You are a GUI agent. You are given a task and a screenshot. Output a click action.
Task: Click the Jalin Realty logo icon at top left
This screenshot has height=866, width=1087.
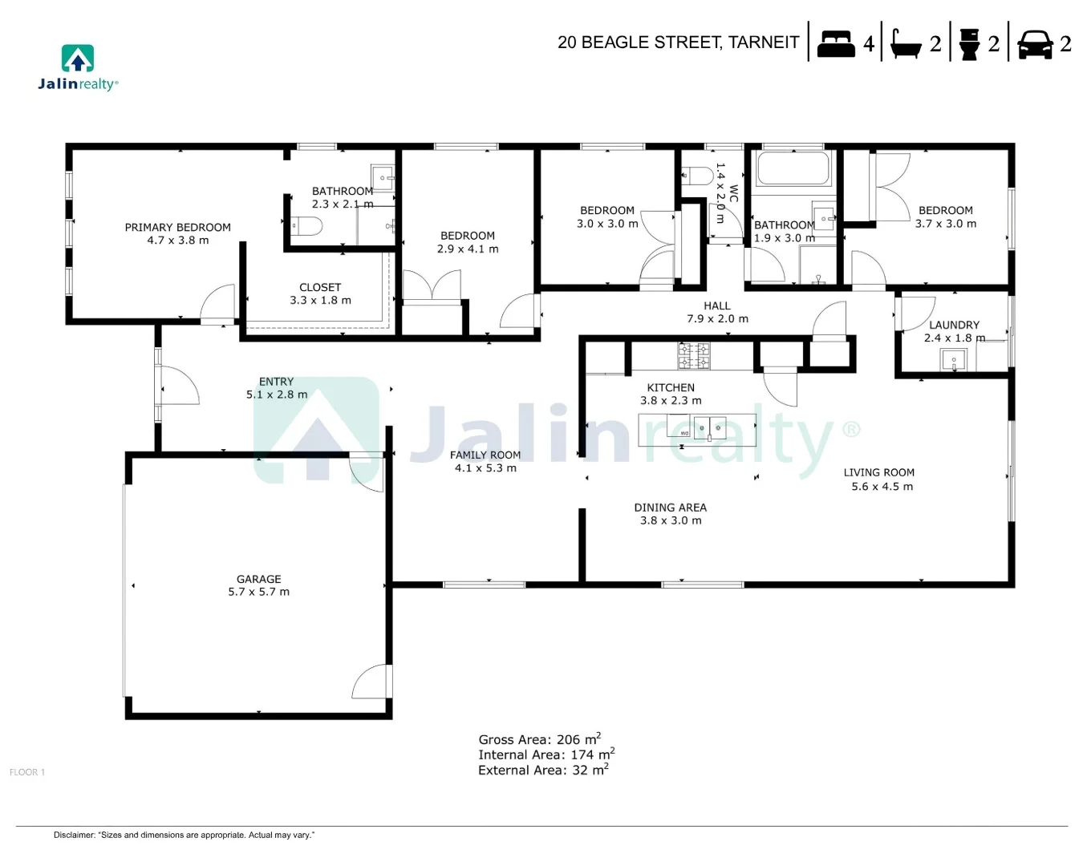[x=78, y=59]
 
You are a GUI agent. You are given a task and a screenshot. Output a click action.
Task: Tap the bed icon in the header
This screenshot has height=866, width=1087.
[x=835, y=43]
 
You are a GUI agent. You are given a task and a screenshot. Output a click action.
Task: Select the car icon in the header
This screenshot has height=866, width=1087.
[x=1035, y=44]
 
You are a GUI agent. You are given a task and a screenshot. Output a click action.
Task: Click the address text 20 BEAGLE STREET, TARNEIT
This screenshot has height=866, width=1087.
[x=678, y=42]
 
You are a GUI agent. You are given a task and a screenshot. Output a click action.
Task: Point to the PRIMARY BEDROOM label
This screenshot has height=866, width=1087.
[x=177, y=228]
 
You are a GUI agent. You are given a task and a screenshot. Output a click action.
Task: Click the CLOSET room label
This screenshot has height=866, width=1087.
[x=320, y=287]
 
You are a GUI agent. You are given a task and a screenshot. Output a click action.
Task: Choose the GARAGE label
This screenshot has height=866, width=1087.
[x=258, y=579]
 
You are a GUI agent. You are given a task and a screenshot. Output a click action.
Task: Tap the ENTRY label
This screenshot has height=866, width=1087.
[x=276, y=382]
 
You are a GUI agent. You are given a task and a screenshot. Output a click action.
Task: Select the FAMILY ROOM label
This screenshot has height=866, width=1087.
[x=485, y=455]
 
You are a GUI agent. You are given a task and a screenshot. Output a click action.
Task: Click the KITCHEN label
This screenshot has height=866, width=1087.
[x=671, y=387]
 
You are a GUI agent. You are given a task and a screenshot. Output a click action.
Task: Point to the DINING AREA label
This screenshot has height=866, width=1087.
[x=670, y=508]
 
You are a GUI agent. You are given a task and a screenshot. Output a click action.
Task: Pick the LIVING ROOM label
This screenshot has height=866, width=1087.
[x=878, y=472]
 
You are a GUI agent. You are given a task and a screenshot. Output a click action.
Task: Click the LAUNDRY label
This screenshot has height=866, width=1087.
[x=954, y=325]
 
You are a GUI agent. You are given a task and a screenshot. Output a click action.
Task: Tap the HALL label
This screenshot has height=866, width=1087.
[x=716, y=306]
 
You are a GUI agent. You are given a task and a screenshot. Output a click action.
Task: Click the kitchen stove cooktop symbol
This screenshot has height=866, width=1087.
[x=694, y=356]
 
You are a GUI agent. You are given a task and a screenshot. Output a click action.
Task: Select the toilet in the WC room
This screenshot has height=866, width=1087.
[x=696, y=176]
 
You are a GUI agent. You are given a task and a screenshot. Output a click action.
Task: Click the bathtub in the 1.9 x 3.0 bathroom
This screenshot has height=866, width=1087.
[x=793, y=169]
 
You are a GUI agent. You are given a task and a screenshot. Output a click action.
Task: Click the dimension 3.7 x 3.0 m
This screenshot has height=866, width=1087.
[x=945, y=224]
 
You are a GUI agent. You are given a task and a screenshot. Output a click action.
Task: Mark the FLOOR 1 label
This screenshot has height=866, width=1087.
[x=27, y=772]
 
